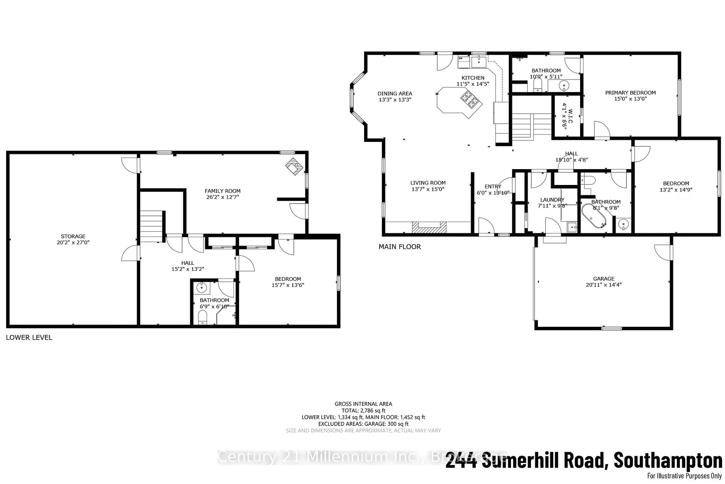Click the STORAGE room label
pyautogui.click(x=73, y=236)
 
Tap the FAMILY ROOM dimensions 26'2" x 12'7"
pyautogui.click(x=223, y=197)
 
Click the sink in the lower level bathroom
pyautogui.click(x=201, y=288)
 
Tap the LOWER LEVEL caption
pyautogui.click(x=29, y=337)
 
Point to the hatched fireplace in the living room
pyautogui.click(x=429, y=227)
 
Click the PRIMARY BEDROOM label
pyautogui.click(x=630, y=93)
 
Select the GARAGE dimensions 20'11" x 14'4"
pyautogui.click(x=604, y=285)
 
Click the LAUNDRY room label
pyautogui.click(x=552, y=200)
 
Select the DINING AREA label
pyautogui.click(x=395, y=94)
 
